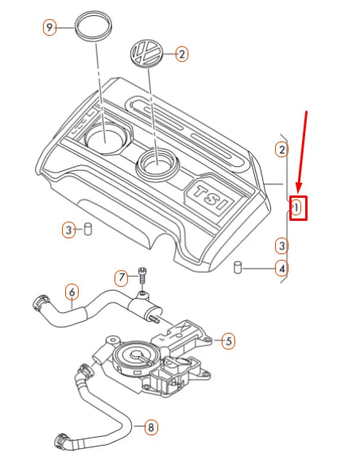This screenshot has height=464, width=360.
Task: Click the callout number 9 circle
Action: click(49, 28)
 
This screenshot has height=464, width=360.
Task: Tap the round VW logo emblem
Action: click(146, 56)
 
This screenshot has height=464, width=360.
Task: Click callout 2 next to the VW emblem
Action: click(182, 55)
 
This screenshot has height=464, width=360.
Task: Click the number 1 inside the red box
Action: click(297, 208)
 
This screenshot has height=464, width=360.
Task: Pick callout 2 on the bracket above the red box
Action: click(281, 149)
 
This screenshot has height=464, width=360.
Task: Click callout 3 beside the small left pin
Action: click(69, 230)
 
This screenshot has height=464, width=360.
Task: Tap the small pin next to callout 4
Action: click(238, 268)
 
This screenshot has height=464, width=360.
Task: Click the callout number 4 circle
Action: click(281, 269)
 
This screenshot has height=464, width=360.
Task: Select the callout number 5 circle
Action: click(229, 342)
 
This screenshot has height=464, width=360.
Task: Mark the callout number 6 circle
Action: click(71, 292)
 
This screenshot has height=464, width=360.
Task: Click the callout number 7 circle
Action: click(122, 278)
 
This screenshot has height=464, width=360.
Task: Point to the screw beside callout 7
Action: click(141, 276)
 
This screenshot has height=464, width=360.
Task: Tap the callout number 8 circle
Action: click(150, 428)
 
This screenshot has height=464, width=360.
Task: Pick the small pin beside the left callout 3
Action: click(89, 230)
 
